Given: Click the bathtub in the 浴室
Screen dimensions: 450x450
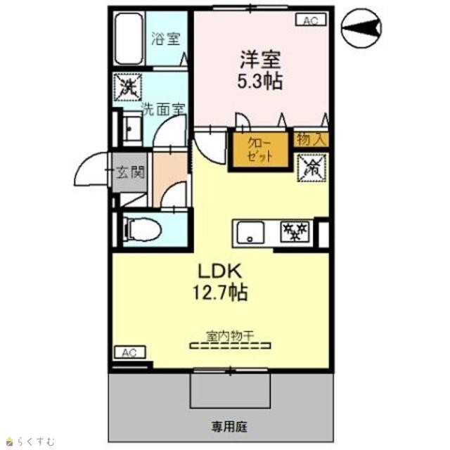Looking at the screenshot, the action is point(129,39).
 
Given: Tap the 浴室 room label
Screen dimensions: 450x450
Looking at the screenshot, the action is point(166,39).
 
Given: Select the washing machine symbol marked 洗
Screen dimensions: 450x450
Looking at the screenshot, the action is point(128,87).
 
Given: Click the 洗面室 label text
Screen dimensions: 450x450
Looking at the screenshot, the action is point(164,110).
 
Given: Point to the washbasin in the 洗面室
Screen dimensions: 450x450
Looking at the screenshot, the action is point(133,129).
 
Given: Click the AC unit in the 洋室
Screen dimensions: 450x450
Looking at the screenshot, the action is point(311,20).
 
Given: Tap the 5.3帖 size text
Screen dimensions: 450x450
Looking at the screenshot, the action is point(259,82).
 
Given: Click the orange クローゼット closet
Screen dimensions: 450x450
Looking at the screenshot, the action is point(260,150).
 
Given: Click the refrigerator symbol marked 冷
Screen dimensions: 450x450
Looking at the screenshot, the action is point(312,168).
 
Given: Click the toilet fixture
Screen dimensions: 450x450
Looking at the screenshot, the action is point(142,230).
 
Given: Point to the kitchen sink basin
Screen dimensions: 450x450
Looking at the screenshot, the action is point(250,232).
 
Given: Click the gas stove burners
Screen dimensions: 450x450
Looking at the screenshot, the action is point(295,231).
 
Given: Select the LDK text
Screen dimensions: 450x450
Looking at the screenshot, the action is point(220,271).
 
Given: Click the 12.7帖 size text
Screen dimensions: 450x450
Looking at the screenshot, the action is point(220,292).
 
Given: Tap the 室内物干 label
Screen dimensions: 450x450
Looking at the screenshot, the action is point(231,336).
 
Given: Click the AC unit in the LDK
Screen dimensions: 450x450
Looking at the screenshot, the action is point(130,352).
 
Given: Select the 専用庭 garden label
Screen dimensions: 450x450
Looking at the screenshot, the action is point(229,427).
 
